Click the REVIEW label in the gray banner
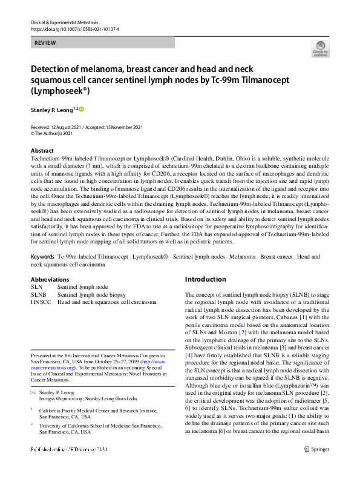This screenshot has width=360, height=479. click(x=45, y=43)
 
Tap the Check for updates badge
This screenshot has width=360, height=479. click(x=320, y=48)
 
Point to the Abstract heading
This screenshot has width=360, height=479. click(x=42, y=150)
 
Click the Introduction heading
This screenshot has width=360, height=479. click(x=206, y=279)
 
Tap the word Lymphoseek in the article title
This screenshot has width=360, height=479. click(x=54, y=90)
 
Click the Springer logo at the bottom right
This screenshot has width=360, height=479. click(x=317, y=466)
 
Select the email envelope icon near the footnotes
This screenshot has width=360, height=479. click(x=33, y=392)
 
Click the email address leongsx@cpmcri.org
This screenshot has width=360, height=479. click(x=59, y=399)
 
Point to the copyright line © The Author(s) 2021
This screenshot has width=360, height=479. click(x=56, y=134)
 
